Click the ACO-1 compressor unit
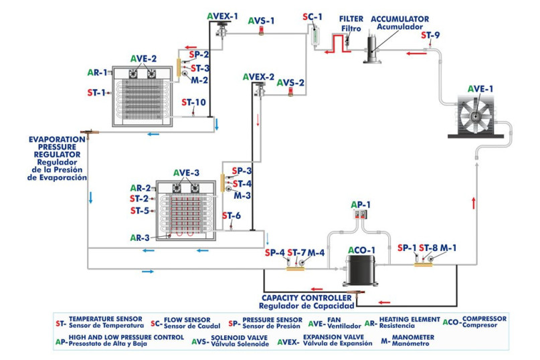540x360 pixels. [x=359, y=270]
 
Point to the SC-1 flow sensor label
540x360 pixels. [x=312, y=16]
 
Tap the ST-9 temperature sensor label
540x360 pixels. [x=431, y=35]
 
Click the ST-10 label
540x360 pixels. [x=194, y=102]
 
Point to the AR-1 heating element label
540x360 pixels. [x=97, y=72]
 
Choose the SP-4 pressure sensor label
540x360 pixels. [x=274, y=252]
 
